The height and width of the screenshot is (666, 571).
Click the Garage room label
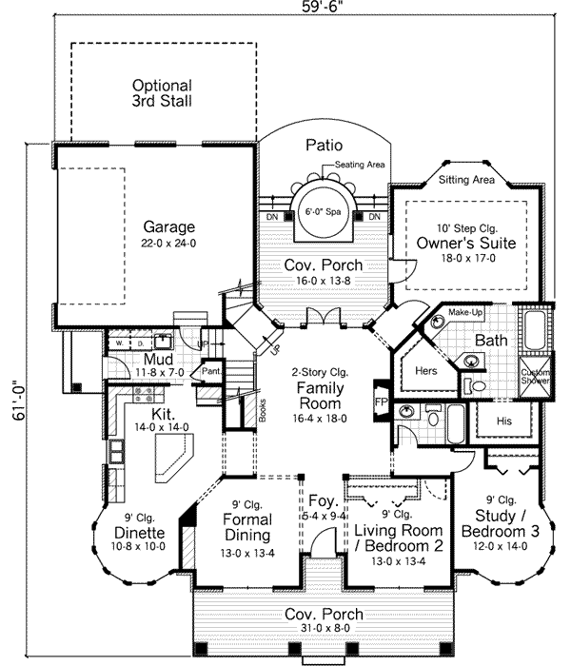click(169, 227)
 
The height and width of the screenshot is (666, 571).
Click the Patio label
click(324, 146)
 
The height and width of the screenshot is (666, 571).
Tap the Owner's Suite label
click(465, 244)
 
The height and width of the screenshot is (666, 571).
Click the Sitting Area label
click(465, 179)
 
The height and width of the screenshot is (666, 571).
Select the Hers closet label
click(424, 370)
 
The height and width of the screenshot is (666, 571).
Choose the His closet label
click(506, 419)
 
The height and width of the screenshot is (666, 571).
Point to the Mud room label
click(157, 359)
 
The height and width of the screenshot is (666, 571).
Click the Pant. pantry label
click(211, 372)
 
